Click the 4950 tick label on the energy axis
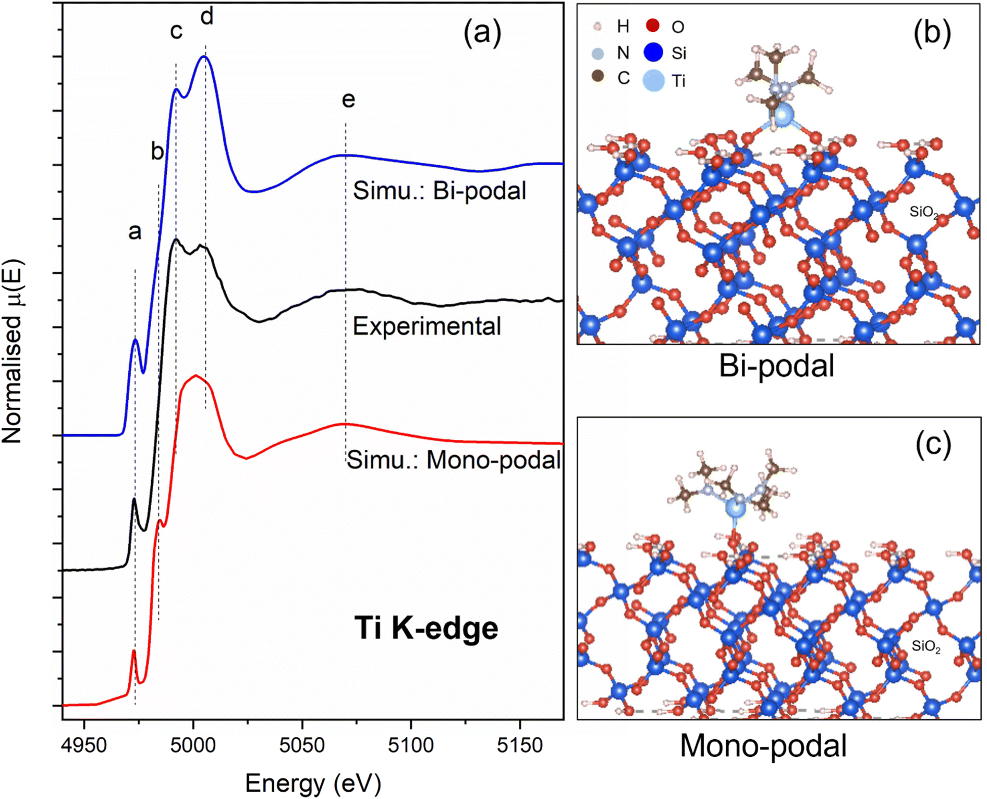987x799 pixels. (x=84, y=746)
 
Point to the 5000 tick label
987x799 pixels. (x=193, y=746)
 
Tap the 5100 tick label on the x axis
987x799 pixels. (x=411, y=746)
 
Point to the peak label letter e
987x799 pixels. (x=348, y=99)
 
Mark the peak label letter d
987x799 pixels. (x=207, y=17)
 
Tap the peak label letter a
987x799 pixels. (x=135, y=231)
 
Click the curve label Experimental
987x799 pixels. (x=427, y=326)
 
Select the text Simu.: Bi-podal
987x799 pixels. (x=439, y=191)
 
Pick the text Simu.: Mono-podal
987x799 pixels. (x=454, y=460)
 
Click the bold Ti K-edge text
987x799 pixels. (x=426, y=628)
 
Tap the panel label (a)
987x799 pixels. (x=482, y=32)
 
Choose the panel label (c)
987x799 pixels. (x=933, y=444)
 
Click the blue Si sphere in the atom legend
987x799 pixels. (x=653, y=52)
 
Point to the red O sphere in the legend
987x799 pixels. (x=652, y=25)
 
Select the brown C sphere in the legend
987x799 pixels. (x=598, y=77)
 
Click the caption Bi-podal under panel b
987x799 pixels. (x=776, y=366)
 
